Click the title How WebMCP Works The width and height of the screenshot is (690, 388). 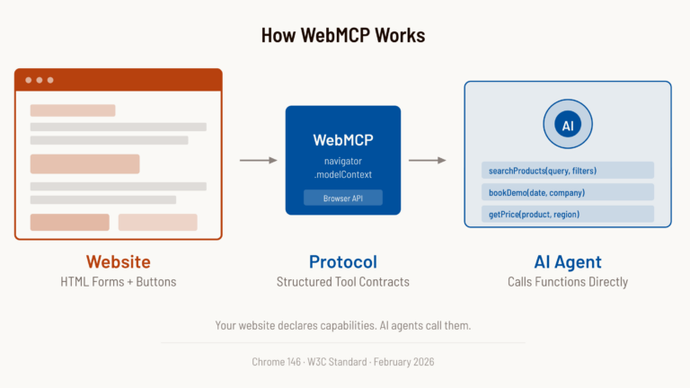pyautogui.click(x=343, y=36)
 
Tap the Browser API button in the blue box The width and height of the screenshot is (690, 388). pyautogui.click(x=342, y=198)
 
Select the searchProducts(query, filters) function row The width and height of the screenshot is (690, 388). pyautogui.click(x=567, y=171)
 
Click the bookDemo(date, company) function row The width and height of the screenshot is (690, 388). pyautogui.click(x=567, y=192)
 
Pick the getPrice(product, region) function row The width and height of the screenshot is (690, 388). pyautogui.click(x=567, y=214)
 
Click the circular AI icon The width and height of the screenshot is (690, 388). pyautogui.click(x=567, y=125)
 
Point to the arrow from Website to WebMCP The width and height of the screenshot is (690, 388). pyautogui.click(x=258, y=161)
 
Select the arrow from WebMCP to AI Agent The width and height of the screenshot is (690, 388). pyautogui.click(x=428, y=161)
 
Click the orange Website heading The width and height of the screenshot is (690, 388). pyautogui.click(x=118, y=262)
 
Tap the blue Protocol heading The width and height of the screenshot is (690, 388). pyautogui.click(x=342, y=262)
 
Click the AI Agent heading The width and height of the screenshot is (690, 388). pyautogui.click(x=567, y=262)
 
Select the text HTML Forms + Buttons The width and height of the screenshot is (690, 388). pyautogui.click(x=118, y=282)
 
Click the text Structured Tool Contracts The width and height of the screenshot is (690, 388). pyautogui.click(x=342, y=282)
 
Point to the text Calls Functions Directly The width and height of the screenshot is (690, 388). pyautogui.click(x=567, y=282)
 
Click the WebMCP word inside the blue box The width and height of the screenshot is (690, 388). pyautogui.click(x=342, y=140)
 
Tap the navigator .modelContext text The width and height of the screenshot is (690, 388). pyautogui.click(x=342, y=167)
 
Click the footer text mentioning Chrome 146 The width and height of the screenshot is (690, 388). pyautogui.click(x=342, y=361)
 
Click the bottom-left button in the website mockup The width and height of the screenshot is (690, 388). pyautogui.click(x=70, y=222)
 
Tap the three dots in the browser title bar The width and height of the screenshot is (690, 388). pyautogui.click(x=40, y=80)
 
